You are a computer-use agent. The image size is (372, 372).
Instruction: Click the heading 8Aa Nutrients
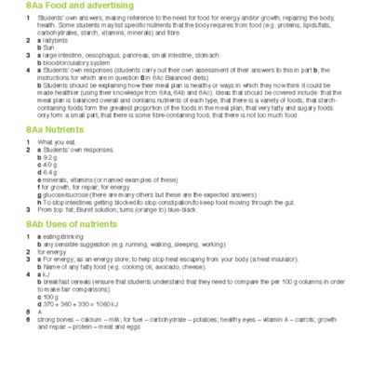(55, 130)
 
